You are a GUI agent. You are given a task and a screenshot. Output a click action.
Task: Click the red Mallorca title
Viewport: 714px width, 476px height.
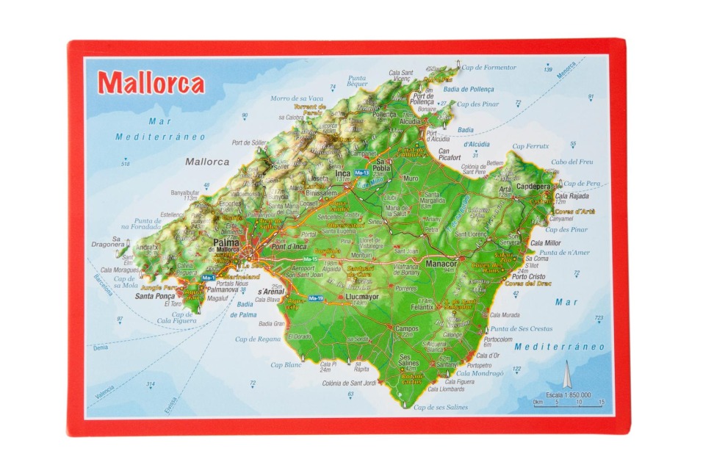click(x=151, y=83)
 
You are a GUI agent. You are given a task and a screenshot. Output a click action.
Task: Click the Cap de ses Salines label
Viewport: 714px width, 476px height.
click(x=441, y=407)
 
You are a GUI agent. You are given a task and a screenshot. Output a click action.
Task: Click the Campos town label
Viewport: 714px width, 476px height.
click(x=406, y=328)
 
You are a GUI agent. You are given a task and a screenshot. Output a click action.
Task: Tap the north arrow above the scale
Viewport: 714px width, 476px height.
click(x=566, y=375)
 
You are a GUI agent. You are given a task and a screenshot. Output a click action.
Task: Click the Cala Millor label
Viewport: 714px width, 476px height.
click(x=545, y=243)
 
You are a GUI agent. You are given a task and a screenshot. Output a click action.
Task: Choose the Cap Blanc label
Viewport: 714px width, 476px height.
click(x=286, y=364)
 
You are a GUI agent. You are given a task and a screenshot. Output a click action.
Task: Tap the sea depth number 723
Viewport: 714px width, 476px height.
click(x=599, y=318)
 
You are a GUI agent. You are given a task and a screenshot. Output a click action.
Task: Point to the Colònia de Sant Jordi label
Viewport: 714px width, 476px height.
click(x=349, y=383)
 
